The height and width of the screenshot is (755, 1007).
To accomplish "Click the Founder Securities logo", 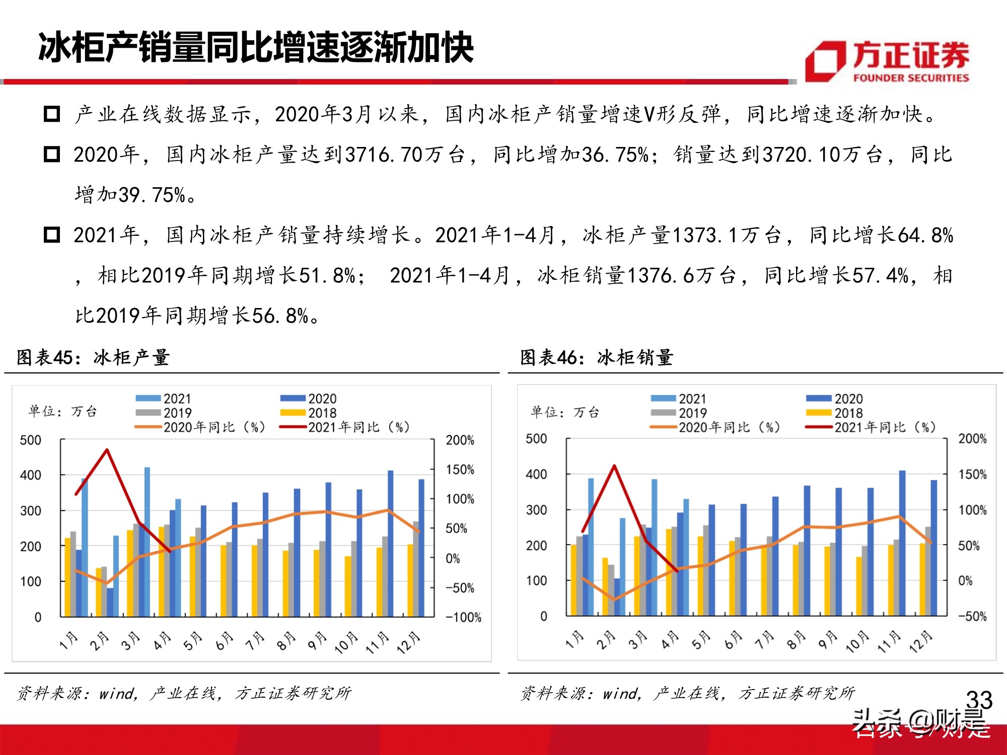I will [x=887, y=61].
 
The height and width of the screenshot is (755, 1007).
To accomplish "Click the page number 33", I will [x=979, y=700].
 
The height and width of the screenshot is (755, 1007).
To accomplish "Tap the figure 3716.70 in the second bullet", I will [x=384, y=155].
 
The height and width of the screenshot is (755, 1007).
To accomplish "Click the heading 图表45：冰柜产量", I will [x=93, y=357].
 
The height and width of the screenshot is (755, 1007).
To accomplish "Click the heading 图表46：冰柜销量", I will [x=597, y=357].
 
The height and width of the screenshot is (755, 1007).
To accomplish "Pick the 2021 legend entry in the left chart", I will [x=164, y=399].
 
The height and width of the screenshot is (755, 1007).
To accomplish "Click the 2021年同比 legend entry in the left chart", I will [x=345, y=427].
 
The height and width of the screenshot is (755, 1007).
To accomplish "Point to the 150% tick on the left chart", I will [x=460, y=470].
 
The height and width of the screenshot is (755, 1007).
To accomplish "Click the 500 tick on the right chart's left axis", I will [x=536, y=439].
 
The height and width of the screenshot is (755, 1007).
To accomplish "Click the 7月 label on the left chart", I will [x=255, y=641].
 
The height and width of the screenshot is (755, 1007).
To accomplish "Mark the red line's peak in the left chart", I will [x=107, y=449].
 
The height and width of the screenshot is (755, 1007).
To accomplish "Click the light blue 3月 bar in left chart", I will [x=147, y=541].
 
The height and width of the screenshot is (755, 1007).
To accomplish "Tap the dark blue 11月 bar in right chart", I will [x=902, y=544].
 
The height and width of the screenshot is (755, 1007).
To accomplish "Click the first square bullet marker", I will [x=52, y=114].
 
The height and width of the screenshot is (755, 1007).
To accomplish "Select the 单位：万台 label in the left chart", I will [x=62, y=411].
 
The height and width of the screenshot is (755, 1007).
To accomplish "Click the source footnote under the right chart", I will [x=687, y=693].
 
